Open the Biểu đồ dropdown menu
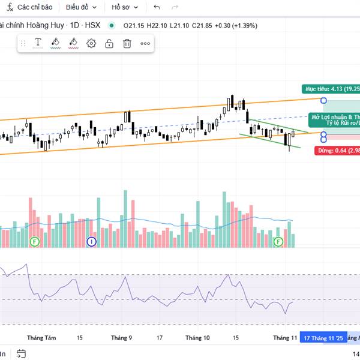[x=80, y=7]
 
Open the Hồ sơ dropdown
[x=125, y=7]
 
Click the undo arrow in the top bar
[x=157, y=7]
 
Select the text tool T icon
[x=37, y=43]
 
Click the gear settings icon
[x=91, y=43]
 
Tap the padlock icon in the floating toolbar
[x=109, y=43]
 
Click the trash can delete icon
[x=127, y=43]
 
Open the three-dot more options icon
[x=145, y=43]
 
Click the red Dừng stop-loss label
[x=337, y=151]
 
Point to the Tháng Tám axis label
[x=42, y=338]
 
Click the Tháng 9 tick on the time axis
[x=121, y=338]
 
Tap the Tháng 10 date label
[x=197, y=338]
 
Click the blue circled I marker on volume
[x=91, y=241]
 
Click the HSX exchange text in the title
[x=93, y=25]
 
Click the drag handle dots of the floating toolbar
[x=23, y=43]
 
